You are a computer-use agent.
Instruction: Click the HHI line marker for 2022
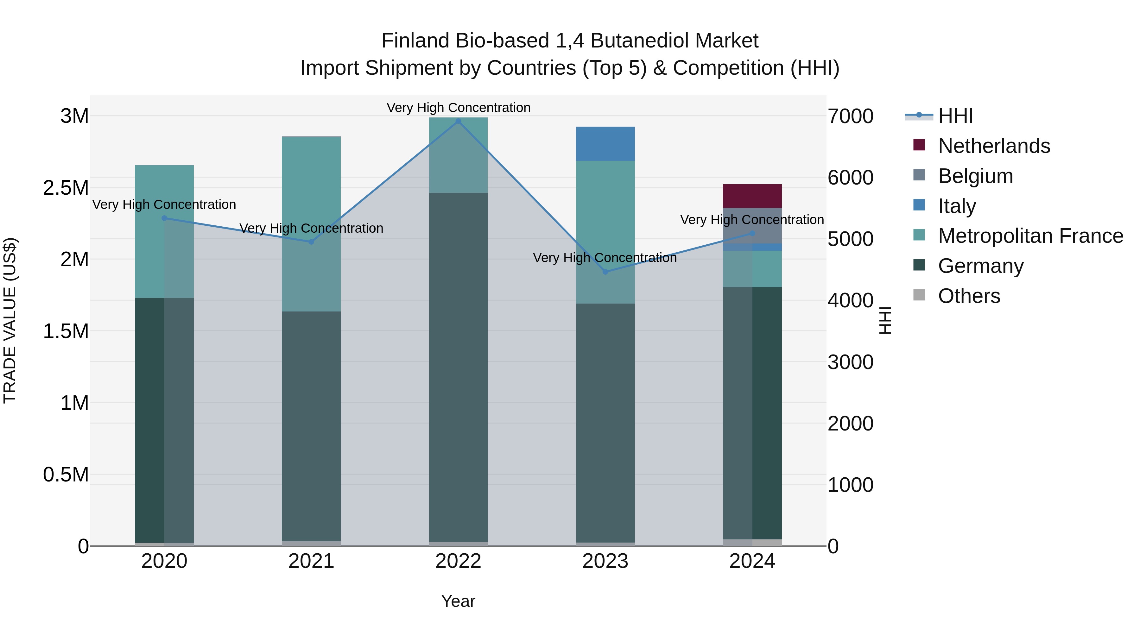coord(458,121)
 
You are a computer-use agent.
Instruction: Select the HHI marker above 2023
coord(605,272)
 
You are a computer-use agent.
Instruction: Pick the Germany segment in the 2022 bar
coord(458,367)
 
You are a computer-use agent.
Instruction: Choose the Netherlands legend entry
coord(993,146)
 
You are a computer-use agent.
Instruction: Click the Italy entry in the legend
coord(957,206)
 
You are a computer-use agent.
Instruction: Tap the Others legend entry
coord(969,296)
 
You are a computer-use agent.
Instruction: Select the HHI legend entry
coord(955,116)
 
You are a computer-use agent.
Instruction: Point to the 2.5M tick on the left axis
coord(66,188)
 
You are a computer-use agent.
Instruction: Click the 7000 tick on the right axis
coord(850,116)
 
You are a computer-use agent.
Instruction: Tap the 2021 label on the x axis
coord(311,561)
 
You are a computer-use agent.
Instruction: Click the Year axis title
coord(458,601)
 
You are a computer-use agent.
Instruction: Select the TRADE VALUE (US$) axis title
coord(10,320)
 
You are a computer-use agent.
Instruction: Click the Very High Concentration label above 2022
coord(458,108)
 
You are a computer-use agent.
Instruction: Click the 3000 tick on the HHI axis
coord(850,362)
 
